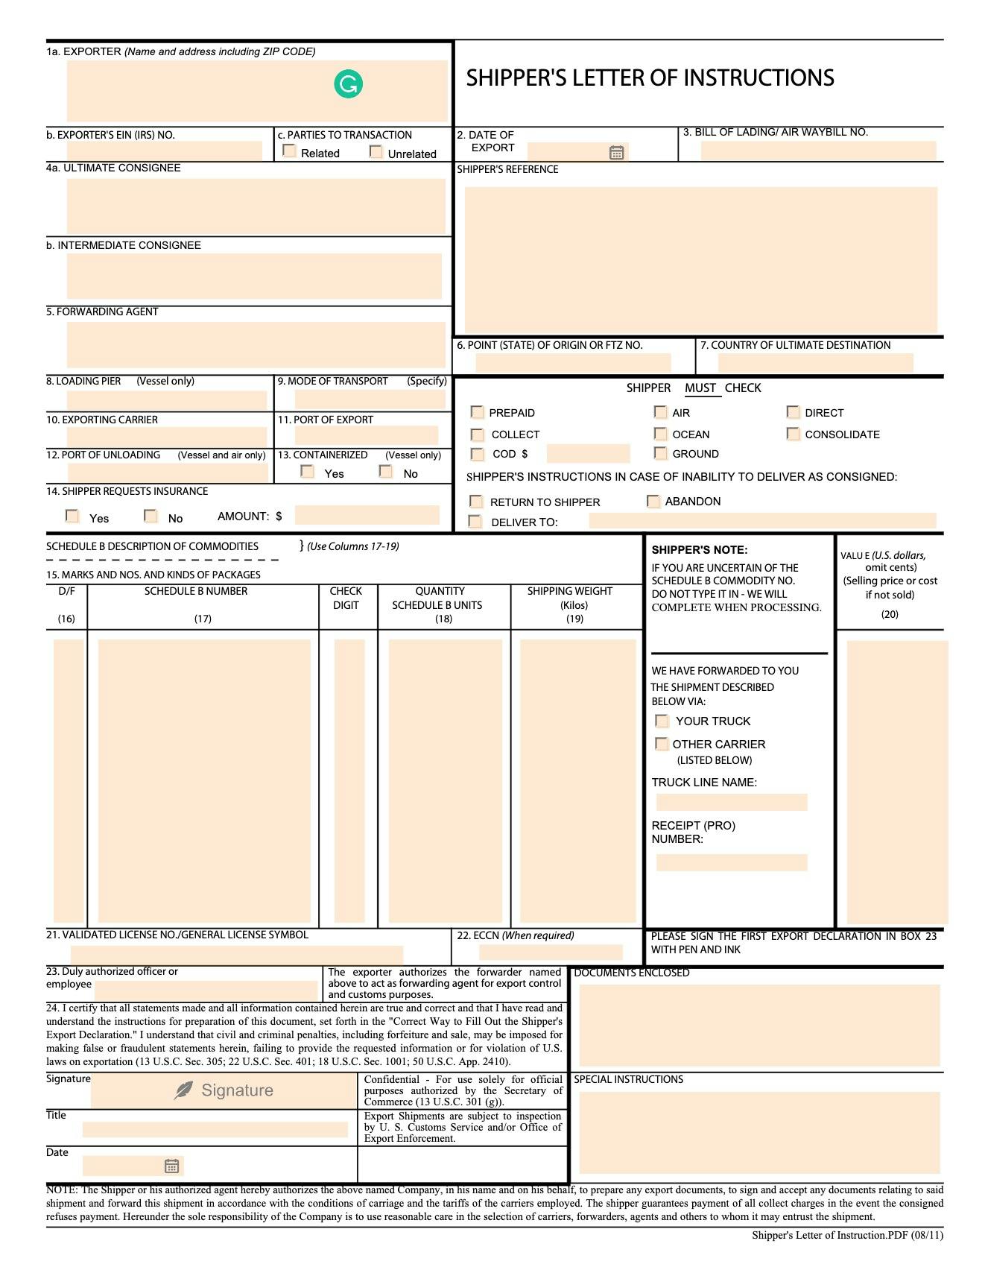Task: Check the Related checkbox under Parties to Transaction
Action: (x=290, y=151)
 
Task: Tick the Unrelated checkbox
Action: (x=376, y=152)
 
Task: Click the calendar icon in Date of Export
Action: (x=616, y=153)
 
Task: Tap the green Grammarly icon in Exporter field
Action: (x=348, y=83)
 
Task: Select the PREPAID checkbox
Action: (x=477, y=412)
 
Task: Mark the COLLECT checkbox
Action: (x=477, y=434)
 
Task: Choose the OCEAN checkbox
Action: (x=660, y=434)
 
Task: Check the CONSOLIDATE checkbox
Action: (x=793, y=434)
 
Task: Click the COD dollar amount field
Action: (x=588, y=454)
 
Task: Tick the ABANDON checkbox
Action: (x=653, y=501)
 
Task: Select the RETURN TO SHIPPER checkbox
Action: (x=476, y=502)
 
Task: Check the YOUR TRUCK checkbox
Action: (x=662, y=721)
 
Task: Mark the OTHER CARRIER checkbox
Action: (x=661, y=744)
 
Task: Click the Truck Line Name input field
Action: (x=731, y=802)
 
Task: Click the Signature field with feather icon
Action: (x=224, y=1090)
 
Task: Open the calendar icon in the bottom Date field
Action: (x=171, y=1166)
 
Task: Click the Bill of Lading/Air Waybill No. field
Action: (x=817, y=151)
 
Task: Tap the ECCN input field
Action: (x=550, y=952)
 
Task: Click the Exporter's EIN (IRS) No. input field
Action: (x=164, y=151)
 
